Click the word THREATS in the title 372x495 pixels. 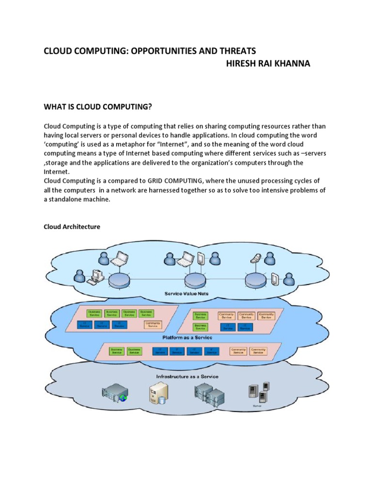(x=234, y=51)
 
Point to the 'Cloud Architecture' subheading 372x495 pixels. (x=72, y=226)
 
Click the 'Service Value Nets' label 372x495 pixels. (x=186, y=293)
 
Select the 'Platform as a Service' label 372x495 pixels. (x=186, y=337)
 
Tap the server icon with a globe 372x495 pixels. (x=115, y=393)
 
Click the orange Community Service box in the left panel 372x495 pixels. (x=153, y=325)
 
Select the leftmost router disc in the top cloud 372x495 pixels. (x=118, y=279)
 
